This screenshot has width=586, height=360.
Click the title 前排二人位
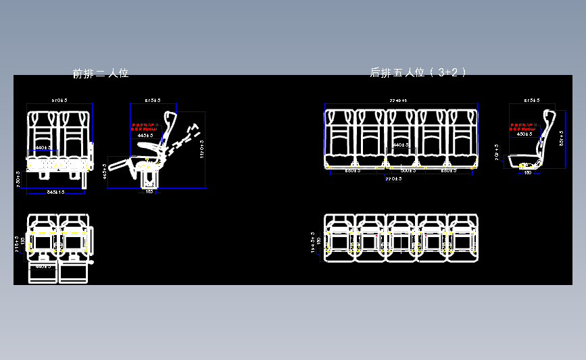tap(101, 73)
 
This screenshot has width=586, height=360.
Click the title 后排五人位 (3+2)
tap(418, 72)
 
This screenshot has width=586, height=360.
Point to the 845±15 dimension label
tap(55, 192)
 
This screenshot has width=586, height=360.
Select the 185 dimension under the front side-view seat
tap(149, 192)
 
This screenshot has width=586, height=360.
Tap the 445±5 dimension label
tap(145, 135)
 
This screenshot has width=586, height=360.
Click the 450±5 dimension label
tap(524, 134)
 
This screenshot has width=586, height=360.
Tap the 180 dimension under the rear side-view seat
tap(528, 173)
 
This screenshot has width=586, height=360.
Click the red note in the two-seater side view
tap(145, 127)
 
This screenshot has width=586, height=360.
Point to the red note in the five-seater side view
tap(524, 126)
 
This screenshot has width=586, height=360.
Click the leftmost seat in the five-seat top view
tap(339, 238)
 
